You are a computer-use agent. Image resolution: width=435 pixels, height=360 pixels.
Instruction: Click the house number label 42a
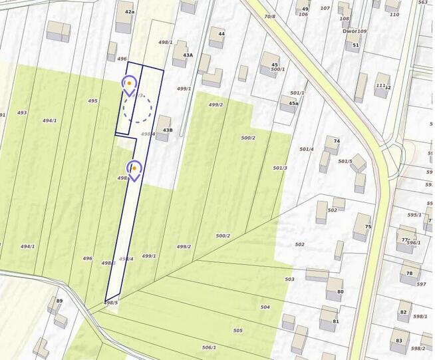click(129, 12)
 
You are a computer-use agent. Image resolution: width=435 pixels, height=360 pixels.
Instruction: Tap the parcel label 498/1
click(166, 43)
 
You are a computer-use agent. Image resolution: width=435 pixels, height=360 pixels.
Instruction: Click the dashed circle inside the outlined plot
click(138, 106)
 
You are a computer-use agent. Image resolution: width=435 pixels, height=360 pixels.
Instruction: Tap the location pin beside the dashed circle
click(129, 85)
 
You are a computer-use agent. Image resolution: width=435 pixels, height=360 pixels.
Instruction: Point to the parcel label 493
click(22, 112)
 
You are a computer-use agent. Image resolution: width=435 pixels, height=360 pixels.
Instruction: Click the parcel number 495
click(92, 100)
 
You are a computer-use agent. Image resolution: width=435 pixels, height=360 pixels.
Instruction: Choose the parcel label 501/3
click(280, 168)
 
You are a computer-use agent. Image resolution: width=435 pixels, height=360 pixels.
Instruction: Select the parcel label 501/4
click(307, 149)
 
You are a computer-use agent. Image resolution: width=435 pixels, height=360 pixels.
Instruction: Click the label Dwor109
click(355, 31)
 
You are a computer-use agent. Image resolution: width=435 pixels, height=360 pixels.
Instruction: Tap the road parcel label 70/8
click(269, 16)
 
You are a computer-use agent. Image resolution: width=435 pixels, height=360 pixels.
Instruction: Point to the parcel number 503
click(289, 279)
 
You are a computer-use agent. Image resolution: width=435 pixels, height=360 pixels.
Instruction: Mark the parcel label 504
click(265, 307)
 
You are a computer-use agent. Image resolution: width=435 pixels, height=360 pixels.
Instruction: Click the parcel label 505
click(237, 330)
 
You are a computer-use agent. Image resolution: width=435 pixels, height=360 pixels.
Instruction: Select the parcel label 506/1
click(209, 347)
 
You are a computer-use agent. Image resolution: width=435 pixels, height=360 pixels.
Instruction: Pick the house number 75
click(368, 226)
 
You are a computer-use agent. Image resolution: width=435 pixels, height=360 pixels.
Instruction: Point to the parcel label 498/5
click(111, 303)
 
